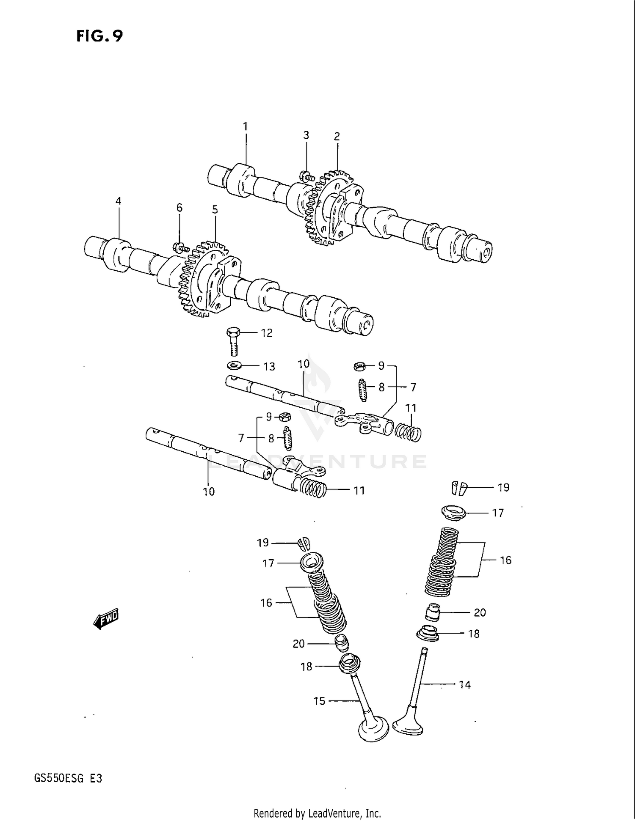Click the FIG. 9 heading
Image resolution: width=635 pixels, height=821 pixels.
pos(100,36)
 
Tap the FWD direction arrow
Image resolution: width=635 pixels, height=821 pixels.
pos(106,619)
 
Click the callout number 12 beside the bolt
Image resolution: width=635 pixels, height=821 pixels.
pos(267,333)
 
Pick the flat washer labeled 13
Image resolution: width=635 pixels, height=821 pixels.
pos(234,365)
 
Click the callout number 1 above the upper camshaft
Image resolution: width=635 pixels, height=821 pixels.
pos(245,126)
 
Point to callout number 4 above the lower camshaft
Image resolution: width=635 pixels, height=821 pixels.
pos(119,201)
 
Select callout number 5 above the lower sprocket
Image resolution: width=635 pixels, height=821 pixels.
pos(215,209)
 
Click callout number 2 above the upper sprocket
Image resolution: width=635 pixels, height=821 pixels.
pos(337,136)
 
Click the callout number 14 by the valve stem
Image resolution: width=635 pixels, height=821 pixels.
pos(465,684)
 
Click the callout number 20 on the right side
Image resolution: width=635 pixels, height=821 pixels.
pos(480,612)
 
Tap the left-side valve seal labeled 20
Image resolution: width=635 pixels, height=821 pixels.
pos(342,643)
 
